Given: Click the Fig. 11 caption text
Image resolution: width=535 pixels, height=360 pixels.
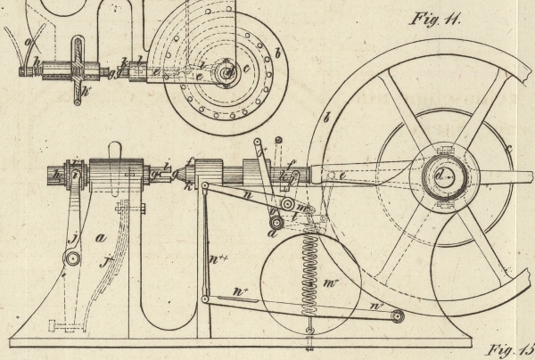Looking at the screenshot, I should (x=437, y=20).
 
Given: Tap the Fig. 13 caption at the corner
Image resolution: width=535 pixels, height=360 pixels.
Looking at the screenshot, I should (x=511, y=348).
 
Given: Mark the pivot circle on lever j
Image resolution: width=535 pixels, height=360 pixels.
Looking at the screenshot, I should (x=70, y=259).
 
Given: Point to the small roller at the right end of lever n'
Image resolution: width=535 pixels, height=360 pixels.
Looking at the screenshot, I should (x=397, y=315).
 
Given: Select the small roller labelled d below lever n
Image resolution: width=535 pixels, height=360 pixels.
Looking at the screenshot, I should (x=276, y=220).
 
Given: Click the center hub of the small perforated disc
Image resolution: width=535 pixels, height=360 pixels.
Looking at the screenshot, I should (x=228, y=70).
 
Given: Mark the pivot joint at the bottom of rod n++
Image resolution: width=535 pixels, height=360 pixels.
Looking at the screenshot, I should (x=206, y=299).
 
